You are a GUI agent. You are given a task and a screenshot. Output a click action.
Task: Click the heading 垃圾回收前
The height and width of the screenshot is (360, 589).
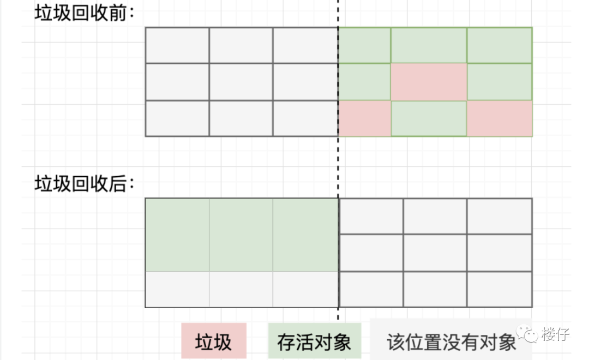(x=84, y=13)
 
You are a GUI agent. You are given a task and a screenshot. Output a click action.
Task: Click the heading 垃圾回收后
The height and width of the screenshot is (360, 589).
(x=84, y=183)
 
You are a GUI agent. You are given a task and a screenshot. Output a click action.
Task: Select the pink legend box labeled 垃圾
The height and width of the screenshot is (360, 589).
(x=214, y=341)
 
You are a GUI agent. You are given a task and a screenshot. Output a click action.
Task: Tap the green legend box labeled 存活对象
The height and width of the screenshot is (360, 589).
(x=314, y=341)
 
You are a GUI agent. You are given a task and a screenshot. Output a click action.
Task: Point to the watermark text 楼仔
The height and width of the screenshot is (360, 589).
(x=555, y=334)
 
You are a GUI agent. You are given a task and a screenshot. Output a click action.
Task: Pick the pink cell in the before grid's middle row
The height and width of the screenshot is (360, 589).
(x=429, y=82)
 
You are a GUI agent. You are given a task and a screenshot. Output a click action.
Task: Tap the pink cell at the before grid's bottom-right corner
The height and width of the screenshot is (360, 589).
(x=499, y=118)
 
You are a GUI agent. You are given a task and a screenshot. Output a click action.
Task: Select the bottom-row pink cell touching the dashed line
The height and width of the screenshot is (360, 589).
(x=365, y=118)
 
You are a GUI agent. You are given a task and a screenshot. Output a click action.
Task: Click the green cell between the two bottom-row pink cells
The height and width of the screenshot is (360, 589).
(x=429, y=118)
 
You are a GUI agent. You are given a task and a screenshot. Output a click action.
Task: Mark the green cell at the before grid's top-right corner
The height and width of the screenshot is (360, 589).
(x=499, y=45)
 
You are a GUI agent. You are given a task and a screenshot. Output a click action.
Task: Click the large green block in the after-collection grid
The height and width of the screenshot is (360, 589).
(x=242, y=235)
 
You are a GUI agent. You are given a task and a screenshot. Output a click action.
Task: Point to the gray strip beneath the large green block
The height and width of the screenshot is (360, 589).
(x=242, y=289)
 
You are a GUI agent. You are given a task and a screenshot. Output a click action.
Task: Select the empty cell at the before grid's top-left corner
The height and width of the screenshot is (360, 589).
(x=177, y=45)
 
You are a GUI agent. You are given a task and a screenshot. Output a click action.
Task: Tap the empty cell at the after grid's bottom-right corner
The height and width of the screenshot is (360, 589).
(x=499, y=289)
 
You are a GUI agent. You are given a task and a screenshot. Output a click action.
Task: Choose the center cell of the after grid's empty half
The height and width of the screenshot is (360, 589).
(x=435, y=253)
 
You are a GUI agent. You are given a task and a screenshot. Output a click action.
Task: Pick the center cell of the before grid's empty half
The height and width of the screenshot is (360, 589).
(x=241, y=82)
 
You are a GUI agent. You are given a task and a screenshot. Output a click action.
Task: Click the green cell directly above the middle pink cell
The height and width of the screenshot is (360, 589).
(x=429, y=45)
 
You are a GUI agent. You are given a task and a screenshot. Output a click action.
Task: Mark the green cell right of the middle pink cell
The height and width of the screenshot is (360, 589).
(x=499, y=82)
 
